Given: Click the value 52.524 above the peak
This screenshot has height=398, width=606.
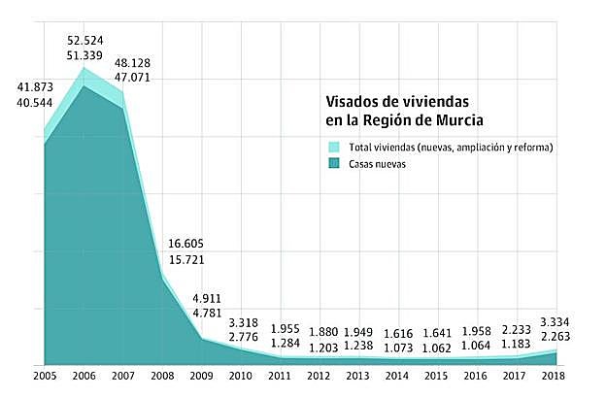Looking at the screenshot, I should (x=85, y=40).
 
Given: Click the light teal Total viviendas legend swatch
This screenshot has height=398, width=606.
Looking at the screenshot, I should (x=334, y=148).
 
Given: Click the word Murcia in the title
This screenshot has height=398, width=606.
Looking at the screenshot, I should (x=454, y=120).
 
